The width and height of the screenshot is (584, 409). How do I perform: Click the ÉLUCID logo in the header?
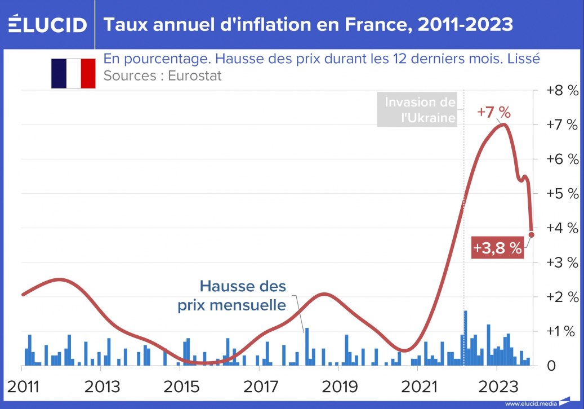(x=48, y=25)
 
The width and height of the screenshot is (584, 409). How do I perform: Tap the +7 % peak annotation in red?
(x=493, y=112)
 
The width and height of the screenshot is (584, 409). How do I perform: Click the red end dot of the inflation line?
(x=532, y=234)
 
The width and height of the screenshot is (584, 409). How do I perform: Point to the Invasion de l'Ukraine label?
(x=419, y=110)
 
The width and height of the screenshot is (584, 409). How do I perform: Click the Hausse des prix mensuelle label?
(x=233, y=296)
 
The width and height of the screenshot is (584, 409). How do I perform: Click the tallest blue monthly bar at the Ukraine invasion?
(x=466, y=338)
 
